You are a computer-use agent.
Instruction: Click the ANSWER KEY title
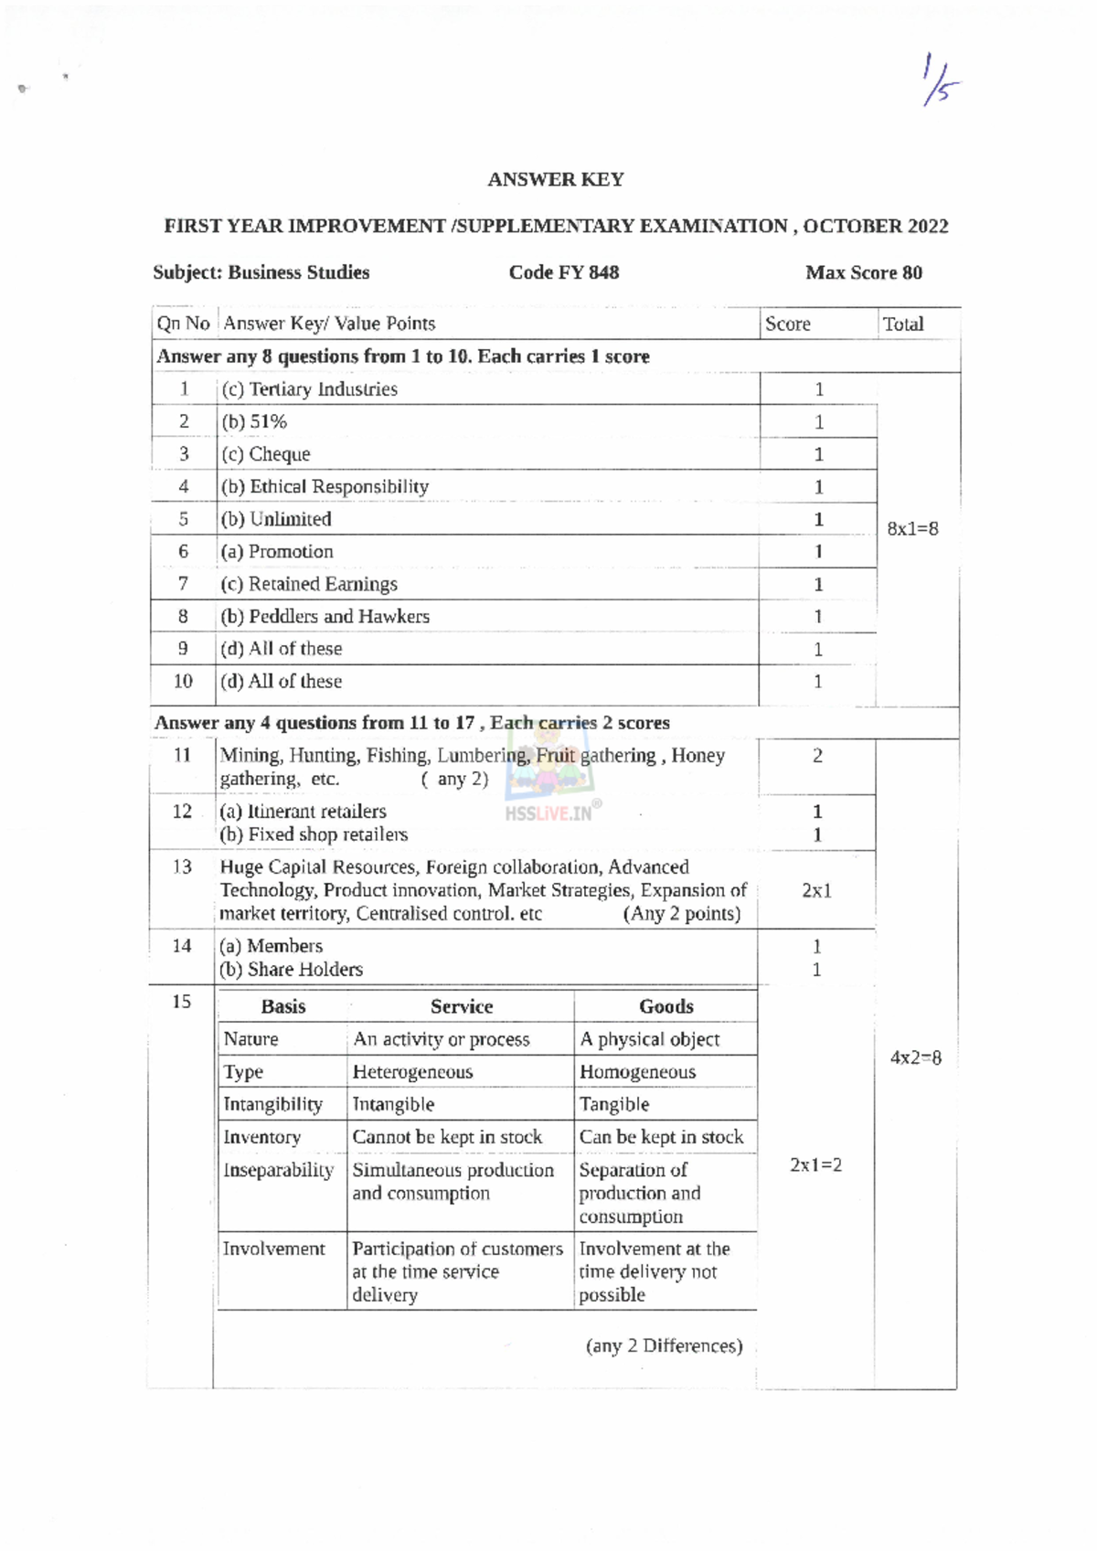click(x=555, y=179)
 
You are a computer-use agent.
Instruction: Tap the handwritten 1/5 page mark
click(x=941, y=80)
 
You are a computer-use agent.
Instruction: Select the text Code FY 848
click(x=563, y=272)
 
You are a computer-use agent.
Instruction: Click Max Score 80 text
click(x=863, y=272)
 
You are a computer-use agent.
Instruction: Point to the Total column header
click(x=902, y=324)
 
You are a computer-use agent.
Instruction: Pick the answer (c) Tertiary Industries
click(x=309, y=389)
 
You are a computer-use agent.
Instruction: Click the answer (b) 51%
click(x=254, y=421)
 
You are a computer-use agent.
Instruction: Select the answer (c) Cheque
click(x=265, y=454)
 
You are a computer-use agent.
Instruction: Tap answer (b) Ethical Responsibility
click(x=325, y=486)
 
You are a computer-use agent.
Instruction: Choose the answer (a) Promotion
click(x=277, y=551)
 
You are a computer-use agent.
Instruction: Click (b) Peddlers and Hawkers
click(x=325, y=616)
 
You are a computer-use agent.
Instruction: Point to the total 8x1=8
click(x=912, y=528)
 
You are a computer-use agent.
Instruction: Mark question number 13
click(x=182, y=866)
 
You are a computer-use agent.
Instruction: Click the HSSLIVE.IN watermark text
click(x=548, y=813)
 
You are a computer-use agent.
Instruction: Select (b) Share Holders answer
click(x=291, y=970)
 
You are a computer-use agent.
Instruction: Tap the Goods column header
click(x=666, y=1006)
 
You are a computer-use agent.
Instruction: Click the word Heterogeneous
click(x=412, y=1072)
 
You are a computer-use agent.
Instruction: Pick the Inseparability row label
click(x=278, y=1170)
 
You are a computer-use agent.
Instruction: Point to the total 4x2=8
click(x=915, y=1057)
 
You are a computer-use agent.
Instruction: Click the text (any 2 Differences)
click(x=664, y=1345)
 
